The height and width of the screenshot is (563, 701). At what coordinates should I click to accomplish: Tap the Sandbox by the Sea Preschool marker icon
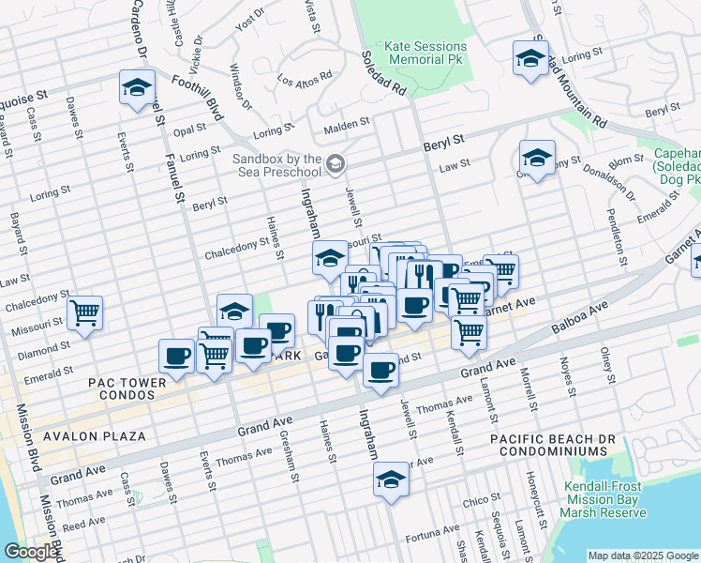click(335, 165)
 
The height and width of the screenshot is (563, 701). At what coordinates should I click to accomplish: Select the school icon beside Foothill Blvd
click(137, 88)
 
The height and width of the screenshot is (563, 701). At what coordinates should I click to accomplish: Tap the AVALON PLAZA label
click(92, 436)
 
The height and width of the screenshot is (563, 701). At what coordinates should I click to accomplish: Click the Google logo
click(30, 552)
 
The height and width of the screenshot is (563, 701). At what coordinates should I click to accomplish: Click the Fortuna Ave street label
click(432, 538)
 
